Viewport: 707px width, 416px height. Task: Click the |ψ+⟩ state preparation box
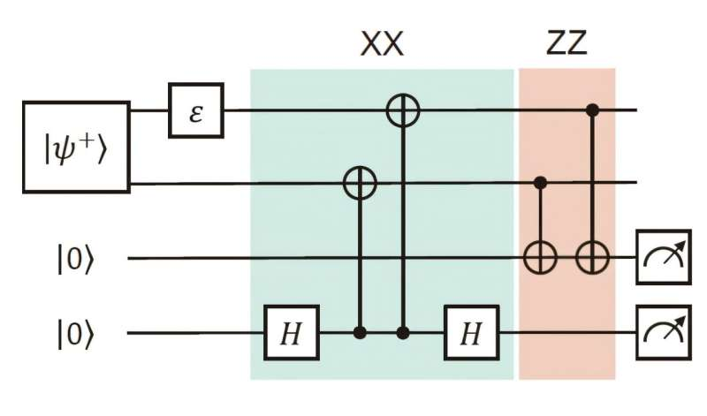(77, 147)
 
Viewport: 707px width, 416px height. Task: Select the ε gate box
(195, 112)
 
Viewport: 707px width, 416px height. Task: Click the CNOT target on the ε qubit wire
(404, 111)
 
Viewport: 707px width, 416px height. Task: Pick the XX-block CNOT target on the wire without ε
(360, 184)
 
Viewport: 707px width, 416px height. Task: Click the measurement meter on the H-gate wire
(662, 332)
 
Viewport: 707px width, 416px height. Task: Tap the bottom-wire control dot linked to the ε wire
(404, 333)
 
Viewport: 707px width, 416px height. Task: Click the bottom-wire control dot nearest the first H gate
(360, 333)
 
